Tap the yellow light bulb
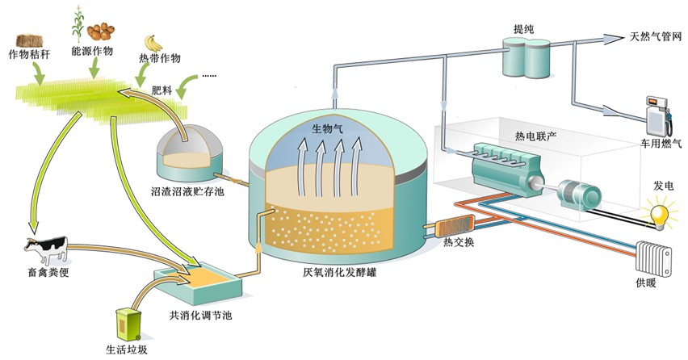[661, 214]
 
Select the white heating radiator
[655, 259]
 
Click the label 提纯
[523, 27]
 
